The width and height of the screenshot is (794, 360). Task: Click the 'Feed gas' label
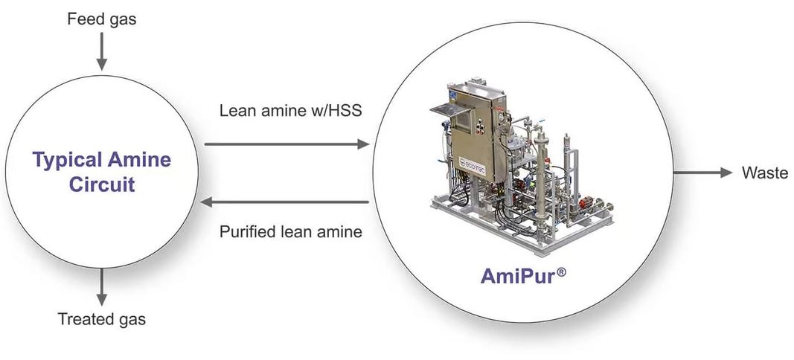click(102, 19)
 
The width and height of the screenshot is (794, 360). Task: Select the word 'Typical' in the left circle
click(66, 159)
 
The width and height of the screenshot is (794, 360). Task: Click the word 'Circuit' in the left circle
click(102, 184)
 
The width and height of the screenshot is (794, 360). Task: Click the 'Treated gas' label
click(102, 320)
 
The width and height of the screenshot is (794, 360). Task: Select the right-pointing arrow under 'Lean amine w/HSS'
click(286, 144)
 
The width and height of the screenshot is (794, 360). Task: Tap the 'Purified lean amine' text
click(291, 231)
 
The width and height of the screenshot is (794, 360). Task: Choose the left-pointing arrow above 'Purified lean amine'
click(286, 202)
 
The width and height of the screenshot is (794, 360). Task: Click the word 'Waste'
click(764, 173)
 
